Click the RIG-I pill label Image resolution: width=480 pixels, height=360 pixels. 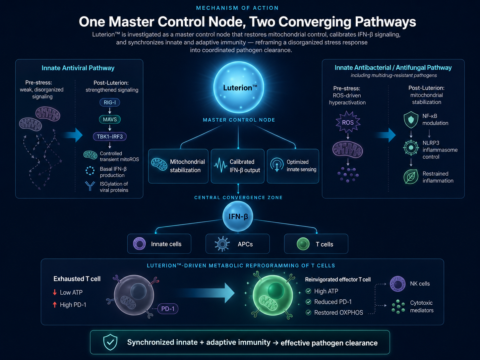[110, 102]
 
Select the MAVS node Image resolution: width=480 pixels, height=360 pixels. [110, 119]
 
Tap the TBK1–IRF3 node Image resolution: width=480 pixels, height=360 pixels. [110, 137]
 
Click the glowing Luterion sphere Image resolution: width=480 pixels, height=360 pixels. [239, 88]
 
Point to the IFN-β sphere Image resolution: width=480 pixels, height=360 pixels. [238, 216]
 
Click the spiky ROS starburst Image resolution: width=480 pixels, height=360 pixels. [348, 122]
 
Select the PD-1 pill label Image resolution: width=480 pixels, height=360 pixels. [168, 309]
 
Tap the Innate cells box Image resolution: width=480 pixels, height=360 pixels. [159, 244]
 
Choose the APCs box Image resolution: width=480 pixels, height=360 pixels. [237, 244]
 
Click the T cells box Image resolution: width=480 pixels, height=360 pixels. [316, 244]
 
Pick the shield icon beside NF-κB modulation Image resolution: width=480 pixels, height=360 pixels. [411, 120]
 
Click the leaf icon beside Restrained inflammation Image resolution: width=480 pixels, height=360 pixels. [411, 177]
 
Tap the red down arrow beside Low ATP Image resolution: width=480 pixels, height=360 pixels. [55, 292]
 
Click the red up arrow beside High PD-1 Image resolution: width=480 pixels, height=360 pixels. [55, 305]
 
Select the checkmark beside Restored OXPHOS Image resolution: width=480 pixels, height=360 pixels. [308, 313]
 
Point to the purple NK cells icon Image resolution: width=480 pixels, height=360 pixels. [397, 284]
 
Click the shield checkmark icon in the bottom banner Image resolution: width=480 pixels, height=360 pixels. [110, 342]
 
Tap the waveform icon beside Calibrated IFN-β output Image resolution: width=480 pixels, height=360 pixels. [220, 165]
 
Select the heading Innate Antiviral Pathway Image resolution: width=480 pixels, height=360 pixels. [78, 68]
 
